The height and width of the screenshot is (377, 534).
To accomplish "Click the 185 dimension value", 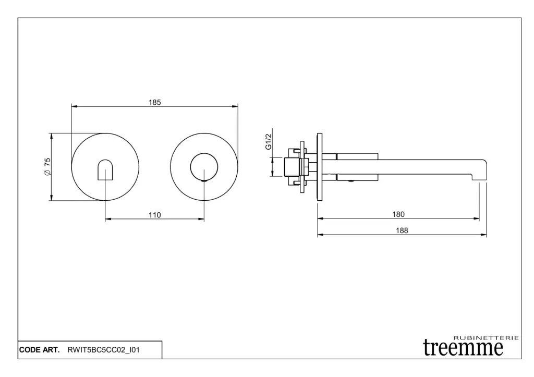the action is tap(154, 102).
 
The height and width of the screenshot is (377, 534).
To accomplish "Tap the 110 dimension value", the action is tap(154, 215).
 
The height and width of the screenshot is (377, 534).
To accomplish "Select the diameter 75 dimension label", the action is tap(47, 167).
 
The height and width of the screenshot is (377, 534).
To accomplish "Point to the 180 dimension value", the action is tap(398, 214).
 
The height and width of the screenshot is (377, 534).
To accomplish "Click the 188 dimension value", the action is tap(402, 230).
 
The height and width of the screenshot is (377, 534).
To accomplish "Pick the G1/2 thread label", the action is tap(269, 141).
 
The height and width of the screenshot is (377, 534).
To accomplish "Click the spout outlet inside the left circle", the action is tap(105, 169).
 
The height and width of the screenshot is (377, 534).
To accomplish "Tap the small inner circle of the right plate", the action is tap(204, 167).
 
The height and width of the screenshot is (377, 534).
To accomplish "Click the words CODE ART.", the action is tap(39, 350).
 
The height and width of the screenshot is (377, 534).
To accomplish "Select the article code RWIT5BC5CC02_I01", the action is tap(104, 350).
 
